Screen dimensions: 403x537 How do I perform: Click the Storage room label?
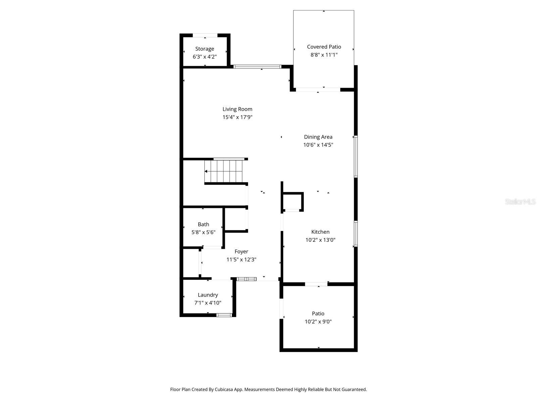pos(204,49)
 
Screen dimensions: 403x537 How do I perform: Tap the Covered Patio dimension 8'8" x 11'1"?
pos(324,55)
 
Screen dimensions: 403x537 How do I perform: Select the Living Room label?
pos(237,109)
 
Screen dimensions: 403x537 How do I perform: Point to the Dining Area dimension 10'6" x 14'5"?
pos(318,145)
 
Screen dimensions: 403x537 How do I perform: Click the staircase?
pos(224,171)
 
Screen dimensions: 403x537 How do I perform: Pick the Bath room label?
pos(203,224)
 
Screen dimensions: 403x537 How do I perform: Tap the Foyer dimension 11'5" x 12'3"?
pos(241,260)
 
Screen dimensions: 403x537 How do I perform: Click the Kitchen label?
pos(320,232)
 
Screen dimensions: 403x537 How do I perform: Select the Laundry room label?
pos(208,295)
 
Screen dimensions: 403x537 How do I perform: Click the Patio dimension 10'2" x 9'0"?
pos(318,321)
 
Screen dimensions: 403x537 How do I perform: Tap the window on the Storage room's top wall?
pos(205,35)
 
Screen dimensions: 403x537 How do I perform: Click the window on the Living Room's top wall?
pos(257,66)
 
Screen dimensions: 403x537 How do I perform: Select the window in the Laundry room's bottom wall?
pos(224,315)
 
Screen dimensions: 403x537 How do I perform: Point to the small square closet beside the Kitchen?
pos(292,201)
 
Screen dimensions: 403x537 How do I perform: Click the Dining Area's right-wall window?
pos(356,156)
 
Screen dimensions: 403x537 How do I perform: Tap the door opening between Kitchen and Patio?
pos(316,284)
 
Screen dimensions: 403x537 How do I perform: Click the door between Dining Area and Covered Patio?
pos(318,90)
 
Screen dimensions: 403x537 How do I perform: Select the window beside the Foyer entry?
pos(246,279)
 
